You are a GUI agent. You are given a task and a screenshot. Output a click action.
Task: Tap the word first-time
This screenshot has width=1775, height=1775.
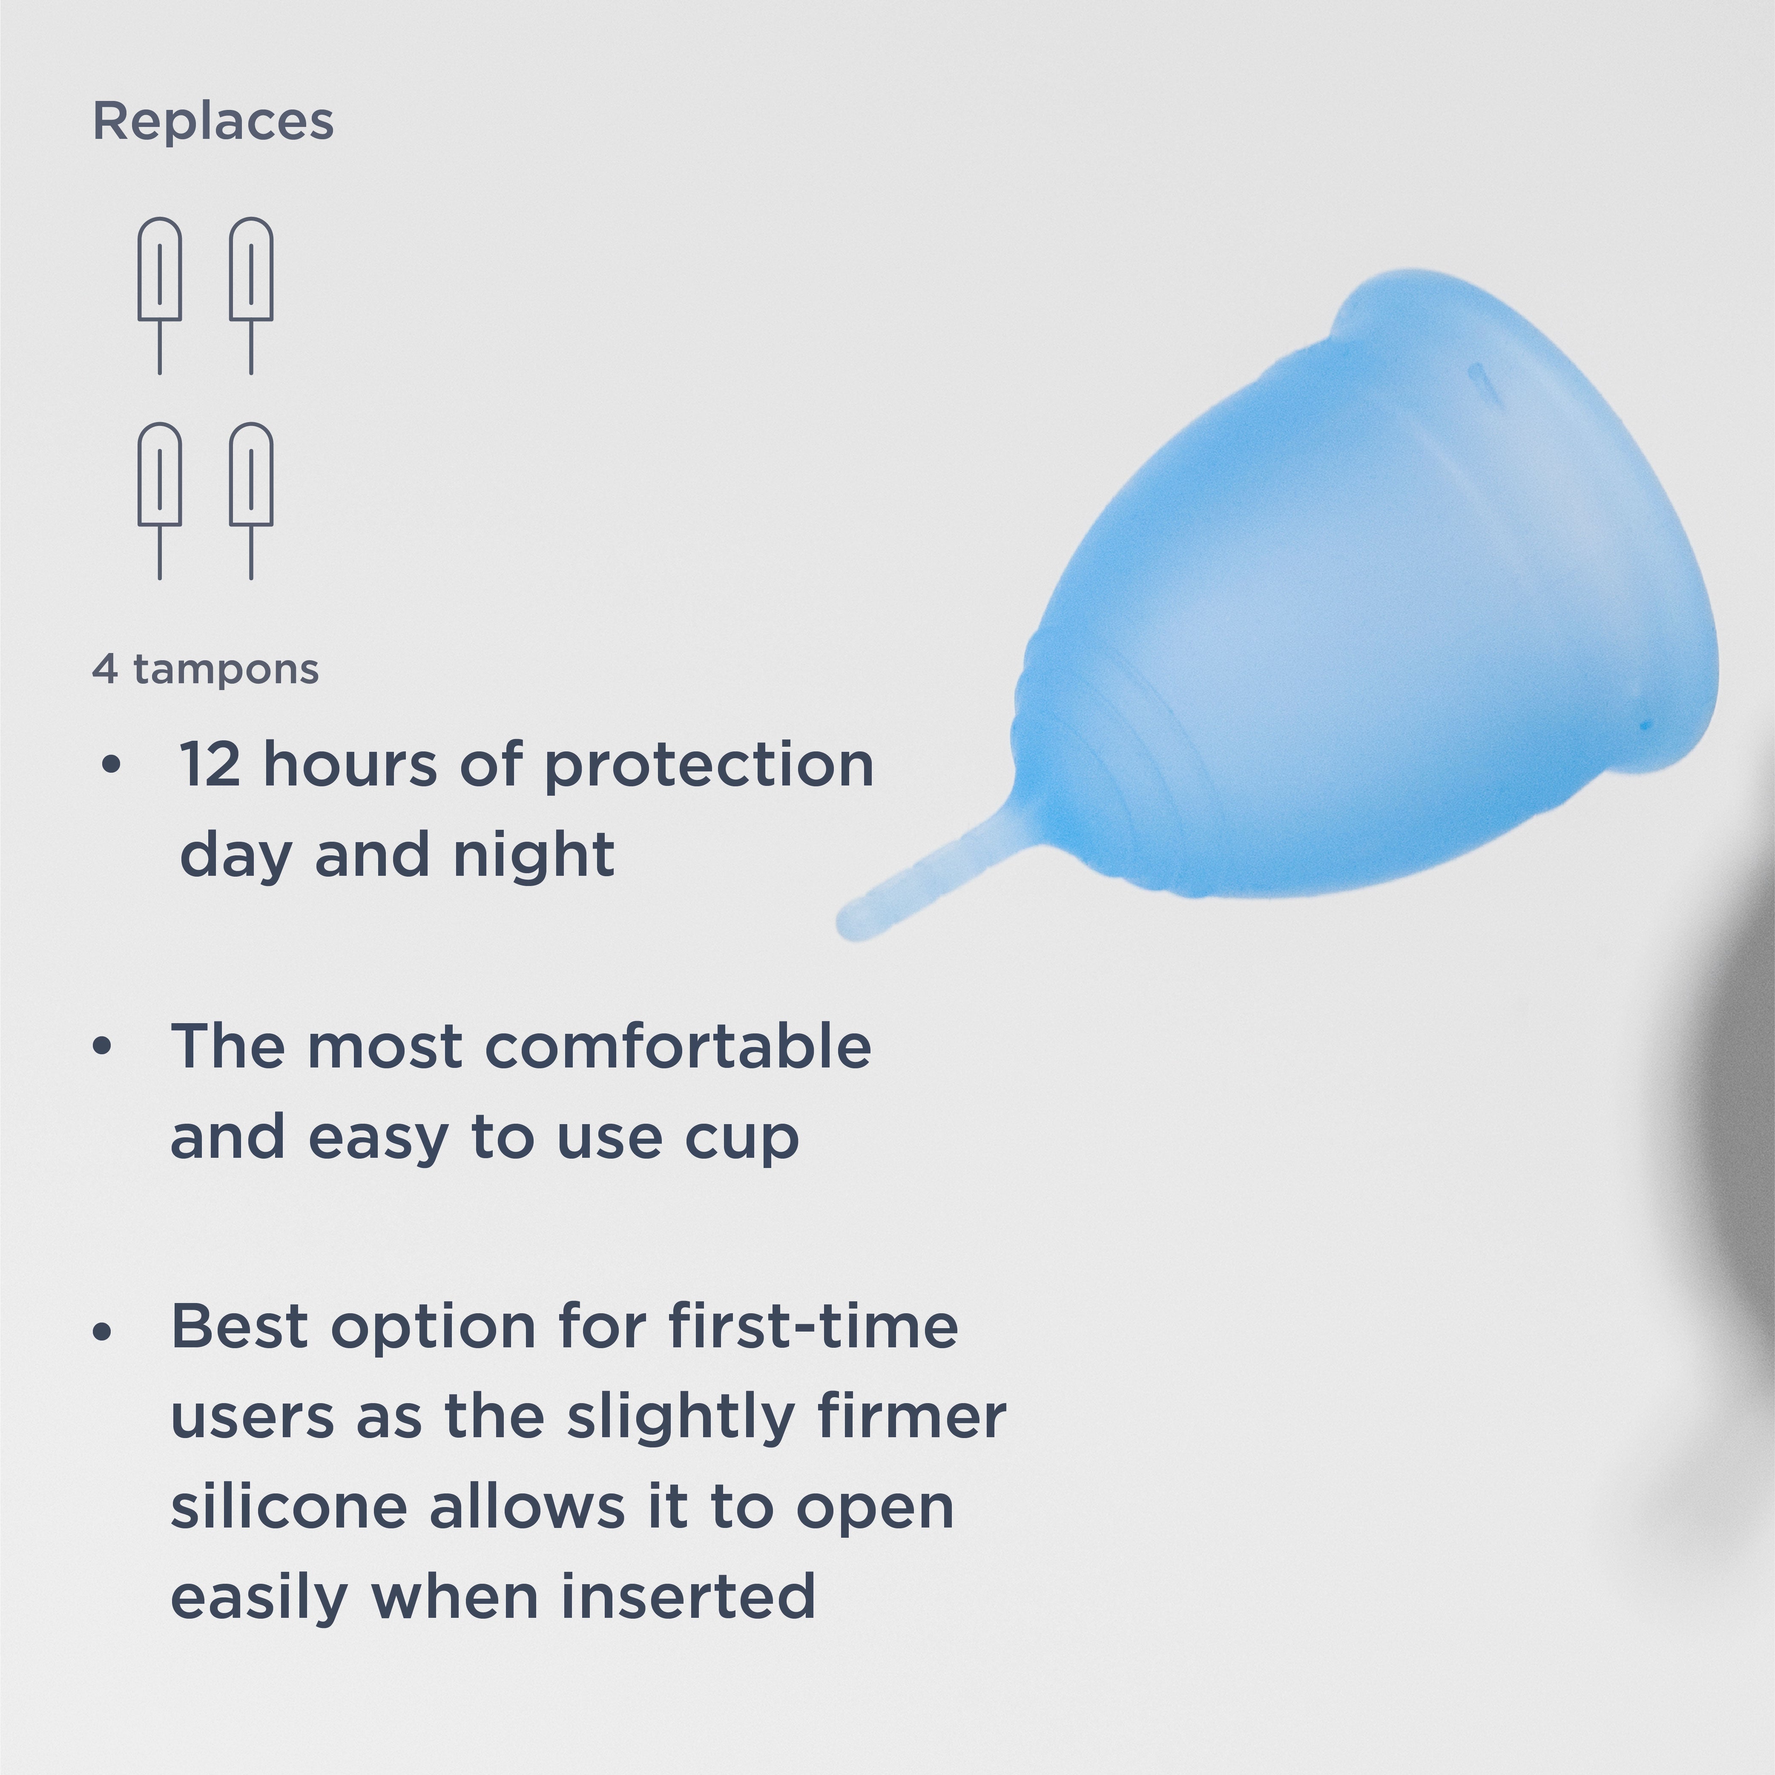click(813, 1326)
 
